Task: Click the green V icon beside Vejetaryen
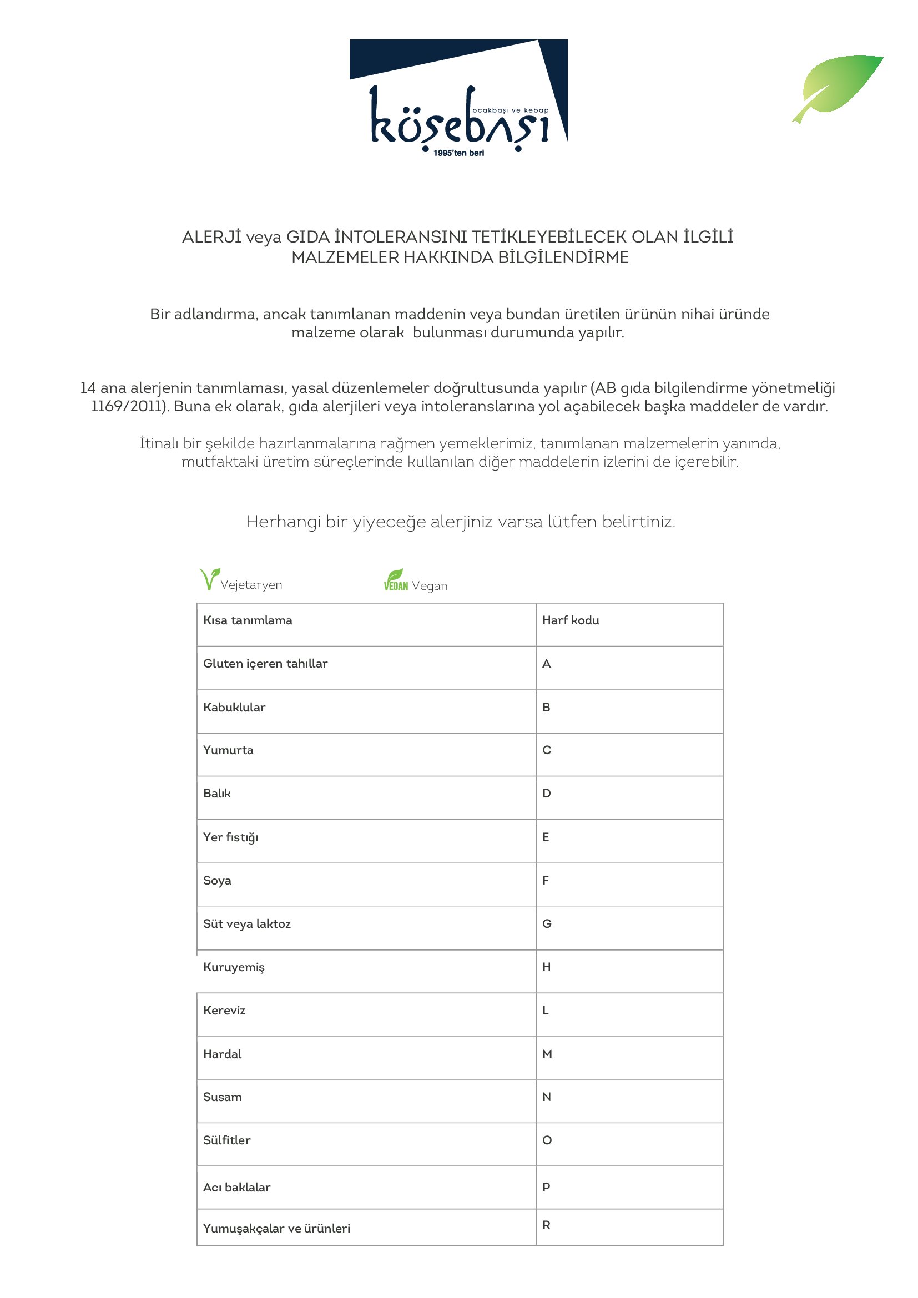coord(209,579)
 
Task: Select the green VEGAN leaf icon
coord(396,580)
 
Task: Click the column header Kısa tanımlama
coord(248,620)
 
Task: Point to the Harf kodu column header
coord(571,620)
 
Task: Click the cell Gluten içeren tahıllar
coord(265,664)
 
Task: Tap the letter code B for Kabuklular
coord(546,707)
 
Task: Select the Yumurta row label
coord(228,750)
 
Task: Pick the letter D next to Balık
coord(546,794)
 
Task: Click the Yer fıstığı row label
coord(231,837)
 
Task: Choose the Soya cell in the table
coord(217,880)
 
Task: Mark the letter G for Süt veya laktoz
coord(547,924)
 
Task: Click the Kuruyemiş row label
coord(234,967)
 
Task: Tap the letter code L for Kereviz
coord(546,1010)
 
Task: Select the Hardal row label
coord(222,1054)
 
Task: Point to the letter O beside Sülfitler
coord(547,1140)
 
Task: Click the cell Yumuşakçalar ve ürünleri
coord(276,1229)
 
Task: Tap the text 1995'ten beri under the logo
coord(458,153)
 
